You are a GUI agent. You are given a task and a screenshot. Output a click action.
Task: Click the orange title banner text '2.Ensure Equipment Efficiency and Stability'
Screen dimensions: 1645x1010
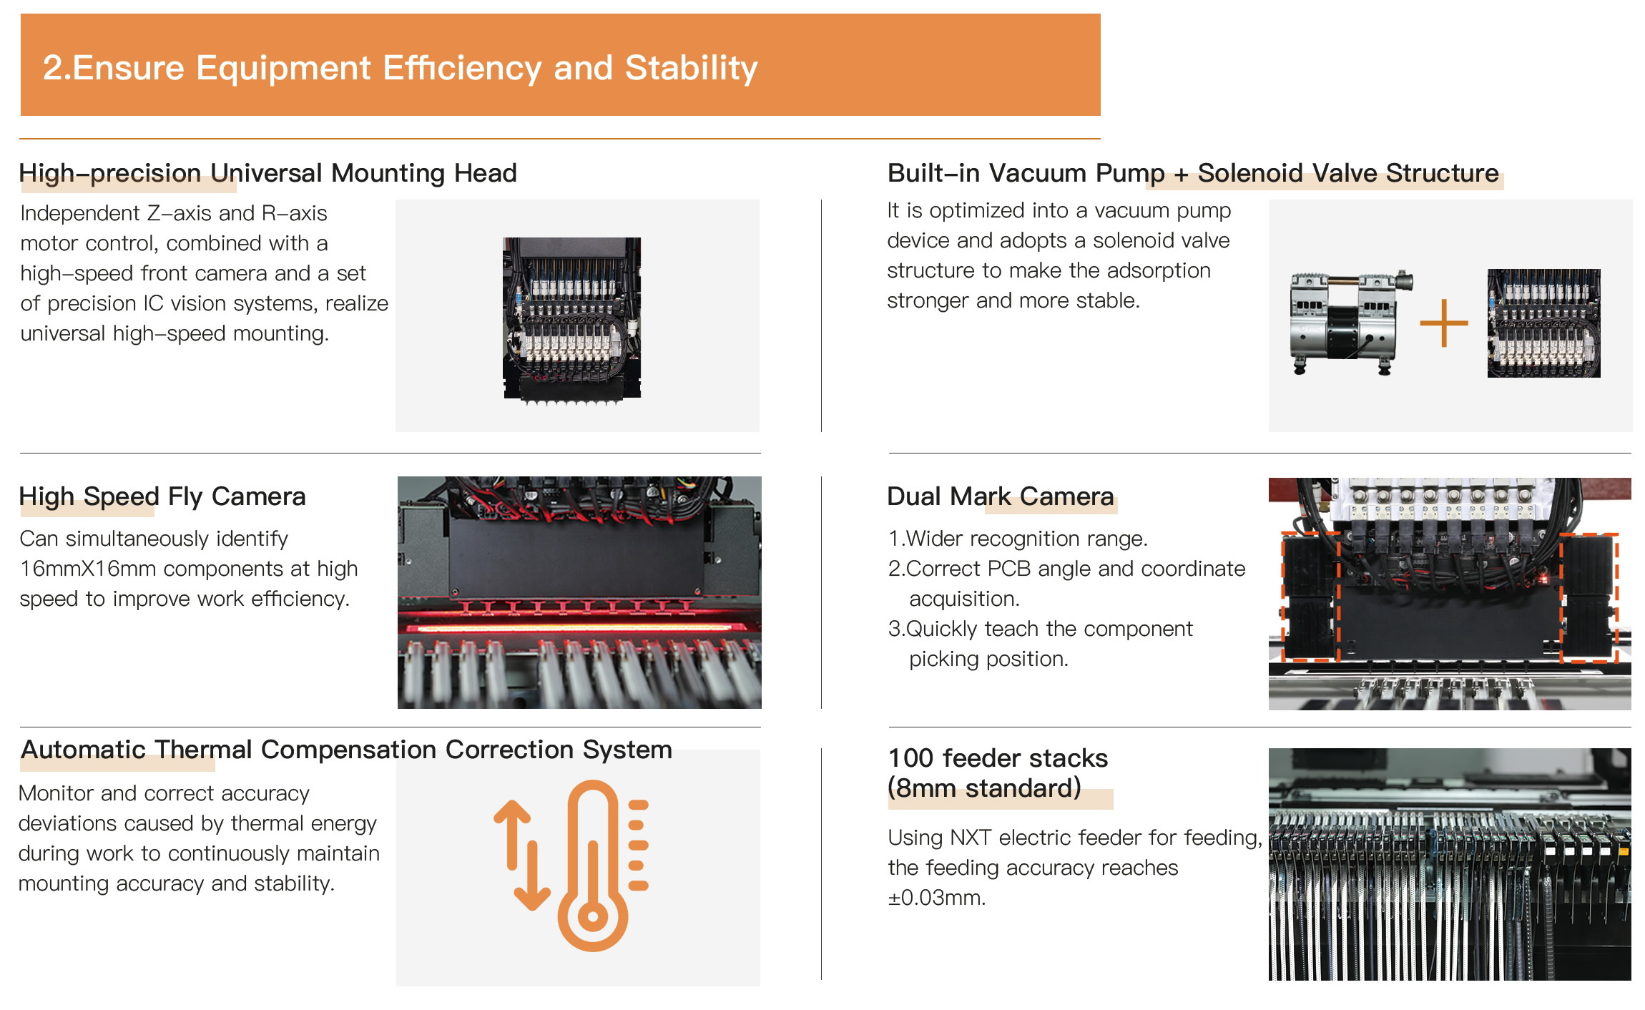pyautogui.click(x=400, y=68)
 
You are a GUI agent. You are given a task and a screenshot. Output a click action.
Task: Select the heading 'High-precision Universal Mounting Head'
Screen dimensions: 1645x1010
pyautogui.click(x=267, y=173)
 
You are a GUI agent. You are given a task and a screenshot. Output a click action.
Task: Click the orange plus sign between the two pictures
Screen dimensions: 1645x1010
pyautogui.click(x=1444, y=323)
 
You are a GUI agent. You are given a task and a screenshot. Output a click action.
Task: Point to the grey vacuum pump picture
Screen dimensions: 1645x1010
pyautogui.click(x=1350, y=323)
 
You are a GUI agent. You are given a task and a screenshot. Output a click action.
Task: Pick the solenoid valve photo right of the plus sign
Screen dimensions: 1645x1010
pyautogui.click(x=1543, y=323)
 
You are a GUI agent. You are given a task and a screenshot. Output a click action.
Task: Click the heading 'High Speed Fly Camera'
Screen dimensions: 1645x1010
pyautogui.click(x=162, y=496)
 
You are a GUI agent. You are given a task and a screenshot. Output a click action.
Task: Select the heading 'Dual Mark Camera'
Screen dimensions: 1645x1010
pyautogui.click(x=1001, y=496)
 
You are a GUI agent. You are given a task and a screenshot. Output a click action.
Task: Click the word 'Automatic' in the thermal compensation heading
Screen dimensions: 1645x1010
pyautogui.click(x=83, y=750)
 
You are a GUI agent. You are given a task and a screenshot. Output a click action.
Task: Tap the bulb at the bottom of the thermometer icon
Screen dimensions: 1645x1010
pyautogui.click(x=592, y=916)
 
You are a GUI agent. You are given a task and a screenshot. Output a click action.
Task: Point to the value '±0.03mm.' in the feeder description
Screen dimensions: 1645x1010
pyautogui.click(x=937, y=898)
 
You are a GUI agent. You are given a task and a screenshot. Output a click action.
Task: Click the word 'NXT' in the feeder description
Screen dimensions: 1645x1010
pyautogui.click(x=970, y=838)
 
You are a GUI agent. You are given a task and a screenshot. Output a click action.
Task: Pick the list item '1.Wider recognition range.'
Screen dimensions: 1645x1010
pyautogui.click(x=1018, y=539)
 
